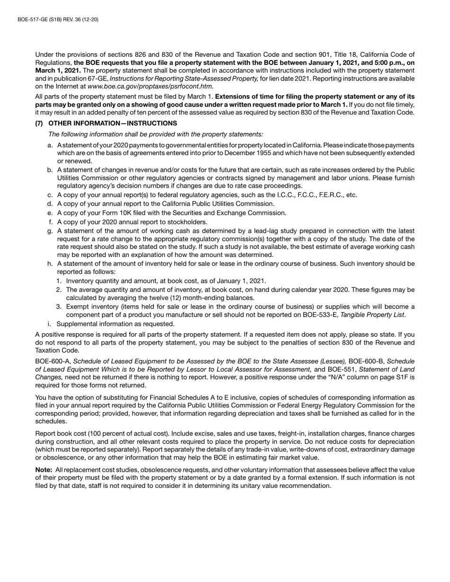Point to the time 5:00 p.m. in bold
coord(387,62)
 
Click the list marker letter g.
coord(50,231)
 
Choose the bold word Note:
coord(44,470)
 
